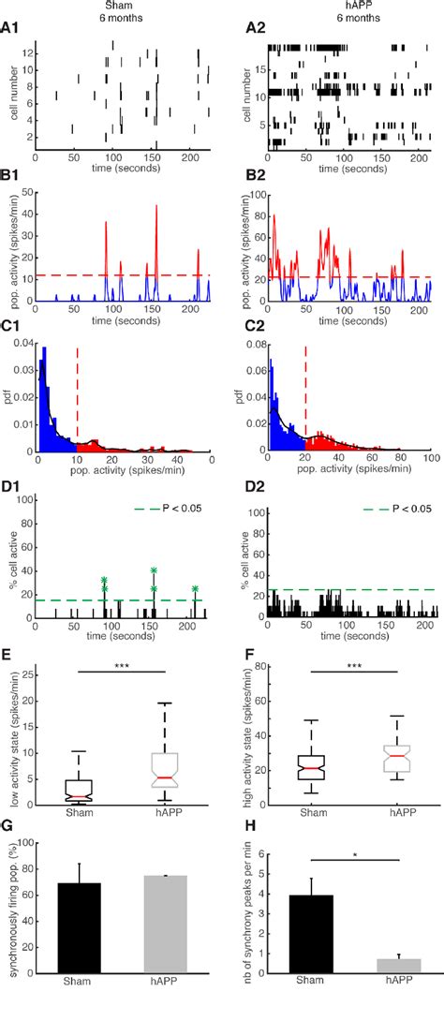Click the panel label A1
point(8,32)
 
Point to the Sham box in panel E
point(86,792)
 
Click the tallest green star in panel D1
point(153,570)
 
